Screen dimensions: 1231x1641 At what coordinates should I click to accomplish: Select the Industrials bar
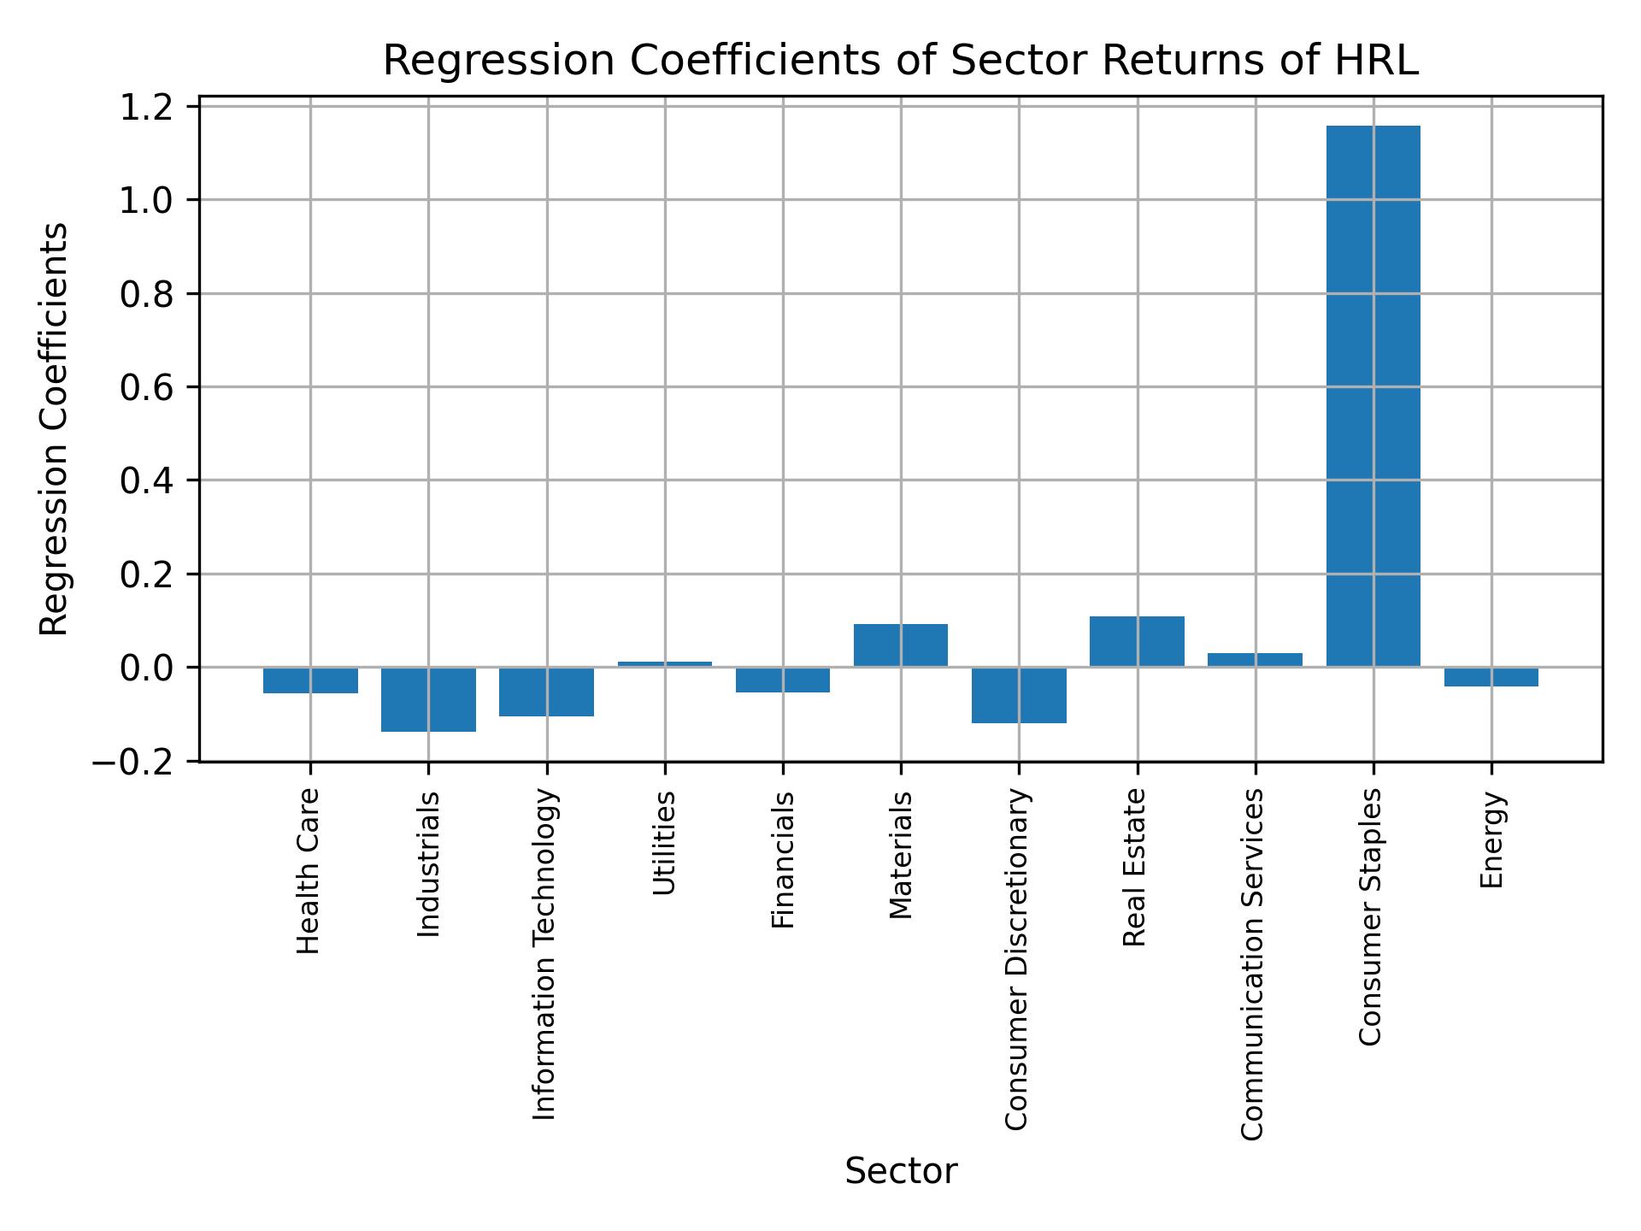pos(428,699)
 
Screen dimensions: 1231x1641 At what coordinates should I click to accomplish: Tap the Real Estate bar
pos(1137,641)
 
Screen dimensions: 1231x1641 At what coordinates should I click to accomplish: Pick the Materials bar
pos(901,645)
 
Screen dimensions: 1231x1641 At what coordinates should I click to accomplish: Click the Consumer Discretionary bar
pos(1019,695)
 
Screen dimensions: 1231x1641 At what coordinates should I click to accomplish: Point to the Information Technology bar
pos(547,692)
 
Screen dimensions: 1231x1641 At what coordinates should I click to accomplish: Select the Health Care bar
pos(310,680)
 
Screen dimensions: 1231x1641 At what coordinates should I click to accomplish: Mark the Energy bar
pos(1491,677)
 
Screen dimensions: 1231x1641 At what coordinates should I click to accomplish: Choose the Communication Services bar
pos(1255,660)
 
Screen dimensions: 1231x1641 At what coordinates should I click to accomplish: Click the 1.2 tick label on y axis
pos(147,108)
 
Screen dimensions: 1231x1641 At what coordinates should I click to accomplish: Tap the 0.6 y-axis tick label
pos(147,388)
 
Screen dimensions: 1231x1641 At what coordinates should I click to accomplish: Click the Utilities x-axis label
pos(665,843)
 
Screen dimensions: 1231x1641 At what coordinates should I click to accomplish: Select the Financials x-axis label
pos(784,859)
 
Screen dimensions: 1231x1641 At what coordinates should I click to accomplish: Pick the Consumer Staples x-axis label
pos(1370,916)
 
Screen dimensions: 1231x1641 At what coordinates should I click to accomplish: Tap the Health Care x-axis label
pos(309,870)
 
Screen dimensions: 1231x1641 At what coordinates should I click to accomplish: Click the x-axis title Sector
pos(901,1172)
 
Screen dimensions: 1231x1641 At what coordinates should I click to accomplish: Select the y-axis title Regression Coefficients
pos(55,429)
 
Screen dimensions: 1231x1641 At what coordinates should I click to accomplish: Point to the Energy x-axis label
pos(1491,839)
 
